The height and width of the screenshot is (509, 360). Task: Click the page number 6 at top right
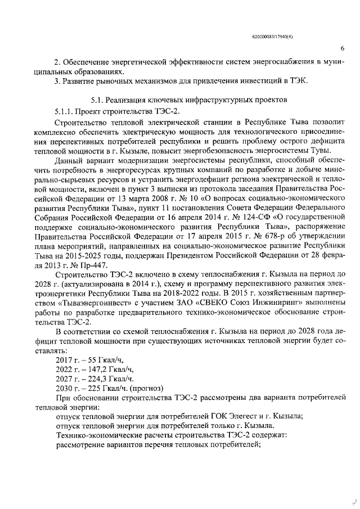tap(343, 49)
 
